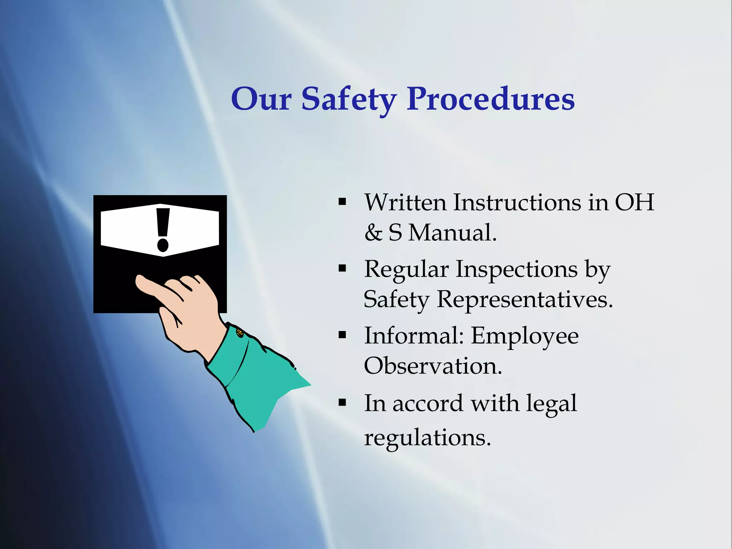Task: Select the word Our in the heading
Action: point(261,99)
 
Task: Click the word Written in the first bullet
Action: point(405,203)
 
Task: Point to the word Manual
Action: point(452,233)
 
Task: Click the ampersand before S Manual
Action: point(373,233)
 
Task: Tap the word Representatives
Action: point(525,299)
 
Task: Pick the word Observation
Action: point(433,366)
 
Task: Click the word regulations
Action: point(427,437)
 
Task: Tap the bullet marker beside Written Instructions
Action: point(342,202)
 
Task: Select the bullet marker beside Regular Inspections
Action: point(342,268)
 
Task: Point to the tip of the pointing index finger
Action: point(139,281)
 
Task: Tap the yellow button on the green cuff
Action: point(239,333)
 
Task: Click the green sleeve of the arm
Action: point(257,379)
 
